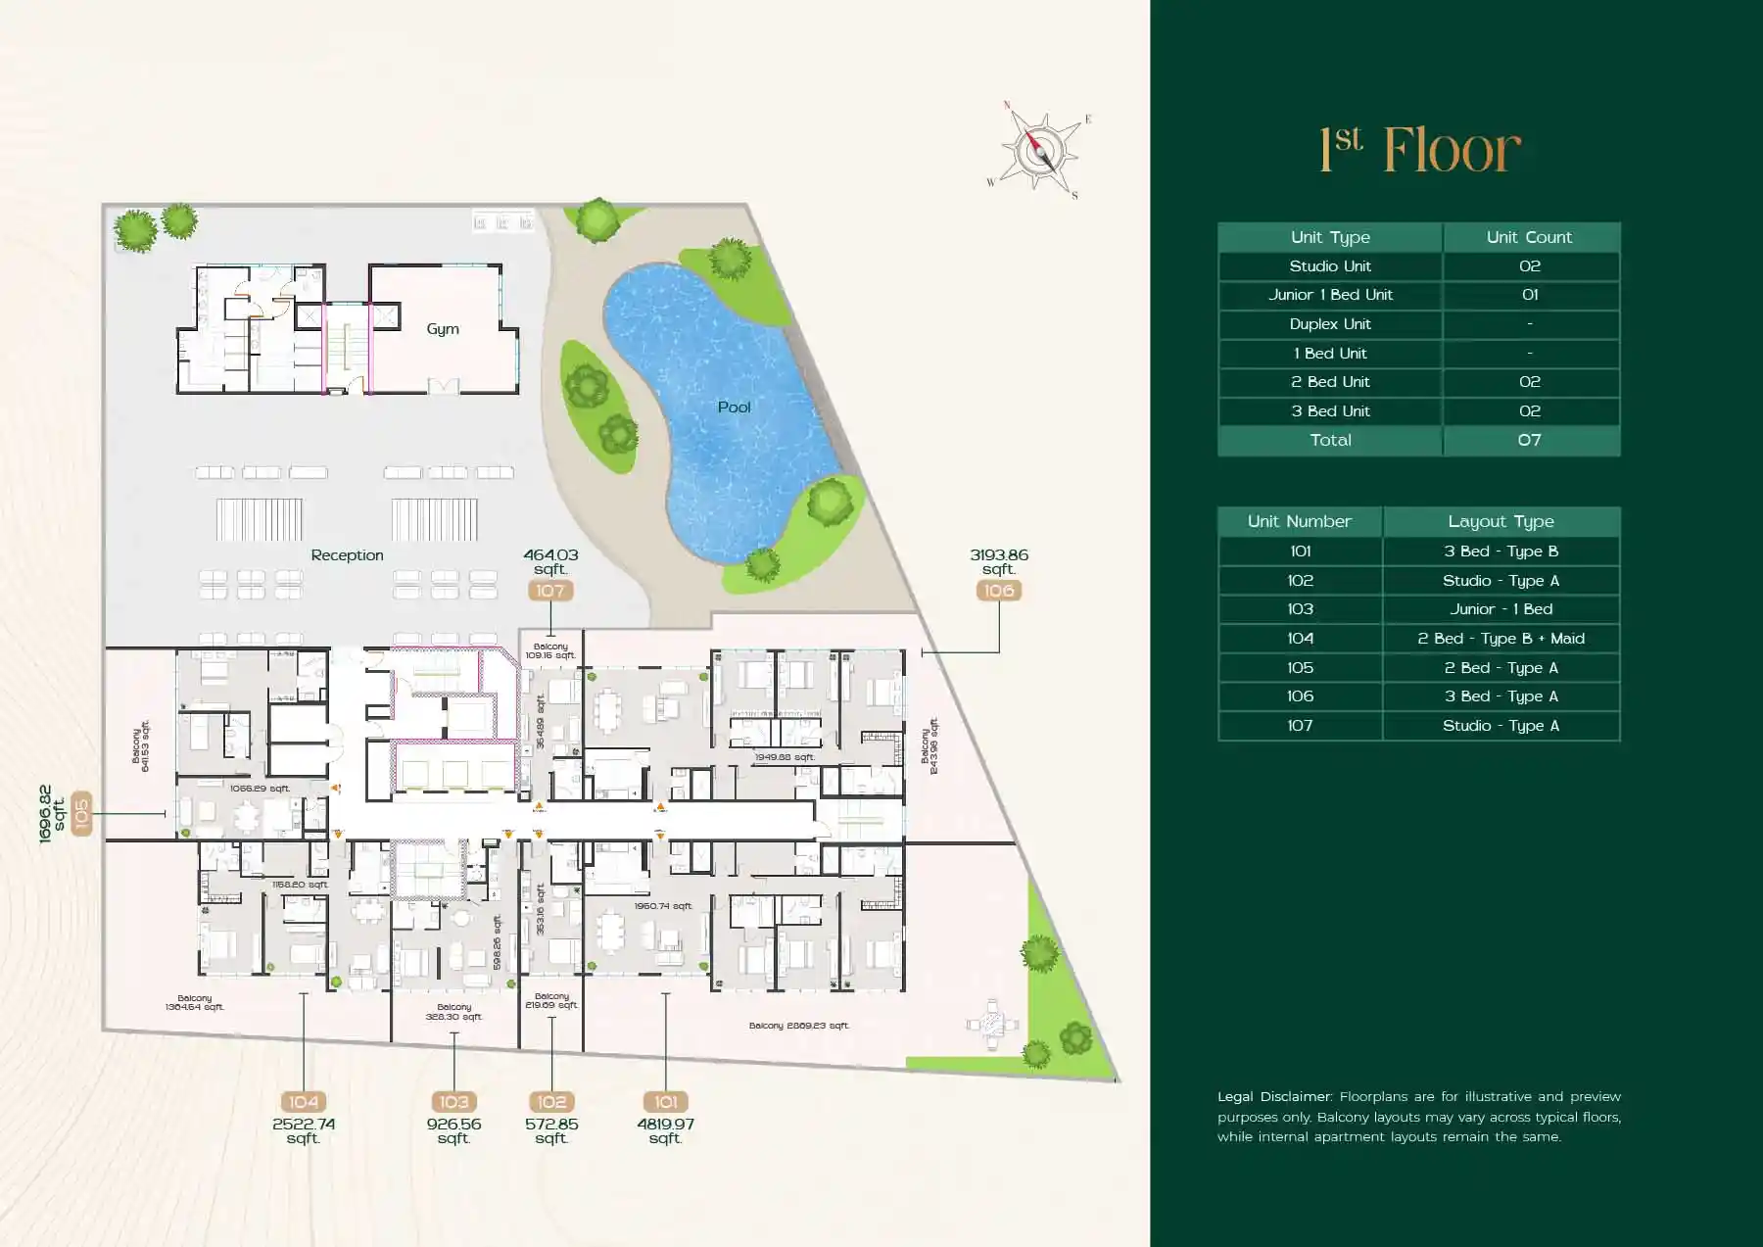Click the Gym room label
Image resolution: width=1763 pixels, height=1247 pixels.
tap(443, 329)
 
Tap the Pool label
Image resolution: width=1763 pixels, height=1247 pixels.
tap(734, 408)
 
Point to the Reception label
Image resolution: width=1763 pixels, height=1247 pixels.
tap(347, 555)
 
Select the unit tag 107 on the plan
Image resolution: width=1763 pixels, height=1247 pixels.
tap(550, 591)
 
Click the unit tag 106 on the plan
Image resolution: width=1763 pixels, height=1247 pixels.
tap(999, 591)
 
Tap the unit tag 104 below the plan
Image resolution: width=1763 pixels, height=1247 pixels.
tap(304, 1102)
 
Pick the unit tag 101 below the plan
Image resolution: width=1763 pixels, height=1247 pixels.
tap(666, 1102)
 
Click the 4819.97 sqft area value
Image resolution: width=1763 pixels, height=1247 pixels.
tap(665, 1130)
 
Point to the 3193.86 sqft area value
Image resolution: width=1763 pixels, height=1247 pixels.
tap(999, 561)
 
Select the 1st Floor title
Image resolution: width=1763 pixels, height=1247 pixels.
tap(1420, 150)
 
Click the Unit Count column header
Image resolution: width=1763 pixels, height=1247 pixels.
tap(1529, 237)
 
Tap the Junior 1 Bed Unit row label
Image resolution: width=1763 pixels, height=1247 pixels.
tap(1330, 295)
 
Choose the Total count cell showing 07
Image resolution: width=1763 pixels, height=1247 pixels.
tap(1529, 441)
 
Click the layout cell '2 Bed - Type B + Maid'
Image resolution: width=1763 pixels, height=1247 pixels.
tap(1501, 639)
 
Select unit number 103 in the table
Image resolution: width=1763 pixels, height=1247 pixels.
tap(1300, 609)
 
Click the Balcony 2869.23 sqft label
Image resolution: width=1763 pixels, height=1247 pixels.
tap(798, 1026)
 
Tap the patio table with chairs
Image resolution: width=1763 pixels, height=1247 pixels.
tap(992, 1025)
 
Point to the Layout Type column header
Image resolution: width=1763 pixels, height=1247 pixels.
tap(1501, 522)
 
